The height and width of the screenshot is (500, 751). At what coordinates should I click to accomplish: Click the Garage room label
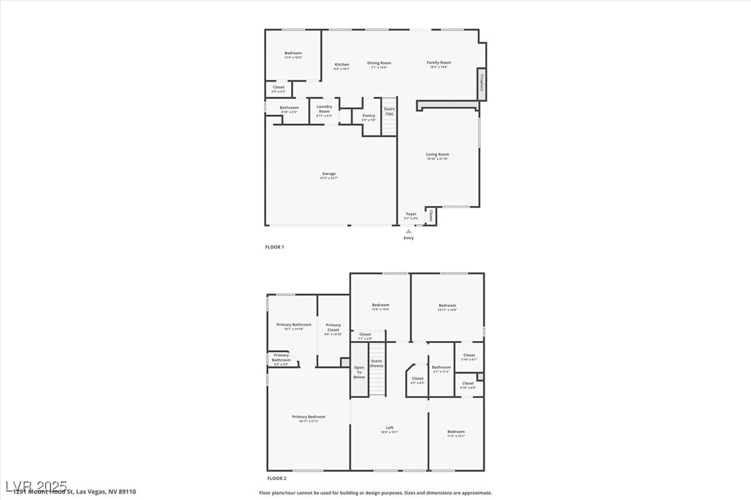click(328, 174)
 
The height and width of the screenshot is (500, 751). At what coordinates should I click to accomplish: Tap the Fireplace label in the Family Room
click(481, 82)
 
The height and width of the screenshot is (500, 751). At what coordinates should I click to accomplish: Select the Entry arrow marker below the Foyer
click(409, 231)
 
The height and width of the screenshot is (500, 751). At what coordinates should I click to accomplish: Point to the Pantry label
click(369, 116)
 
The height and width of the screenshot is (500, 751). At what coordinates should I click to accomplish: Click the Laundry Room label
click(324, 109)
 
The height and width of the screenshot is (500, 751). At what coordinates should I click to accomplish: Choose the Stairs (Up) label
click(389, 111)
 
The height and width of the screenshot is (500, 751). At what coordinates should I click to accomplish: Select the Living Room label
click(437, 155)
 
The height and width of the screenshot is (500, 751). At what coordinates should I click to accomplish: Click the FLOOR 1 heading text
click(275, 247)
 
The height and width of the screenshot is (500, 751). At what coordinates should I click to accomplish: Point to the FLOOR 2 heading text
click(277, 478)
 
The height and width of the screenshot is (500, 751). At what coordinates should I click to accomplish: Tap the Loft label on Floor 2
click(389, 428)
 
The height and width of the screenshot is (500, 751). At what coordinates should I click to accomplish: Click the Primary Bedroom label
click(308, 417)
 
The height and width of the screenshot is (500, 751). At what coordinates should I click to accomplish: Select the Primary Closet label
click(333, 328)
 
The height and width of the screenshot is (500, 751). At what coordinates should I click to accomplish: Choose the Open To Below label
click(359, 372)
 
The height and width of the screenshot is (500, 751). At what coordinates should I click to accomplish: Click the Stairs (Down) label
click(376, 363)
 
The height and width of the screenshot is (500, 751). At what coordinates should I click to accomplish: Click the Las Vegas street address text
click(75, 492)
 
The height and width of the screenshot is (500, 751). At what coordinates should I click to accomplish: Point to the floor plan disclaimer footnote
click(375, 493)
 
